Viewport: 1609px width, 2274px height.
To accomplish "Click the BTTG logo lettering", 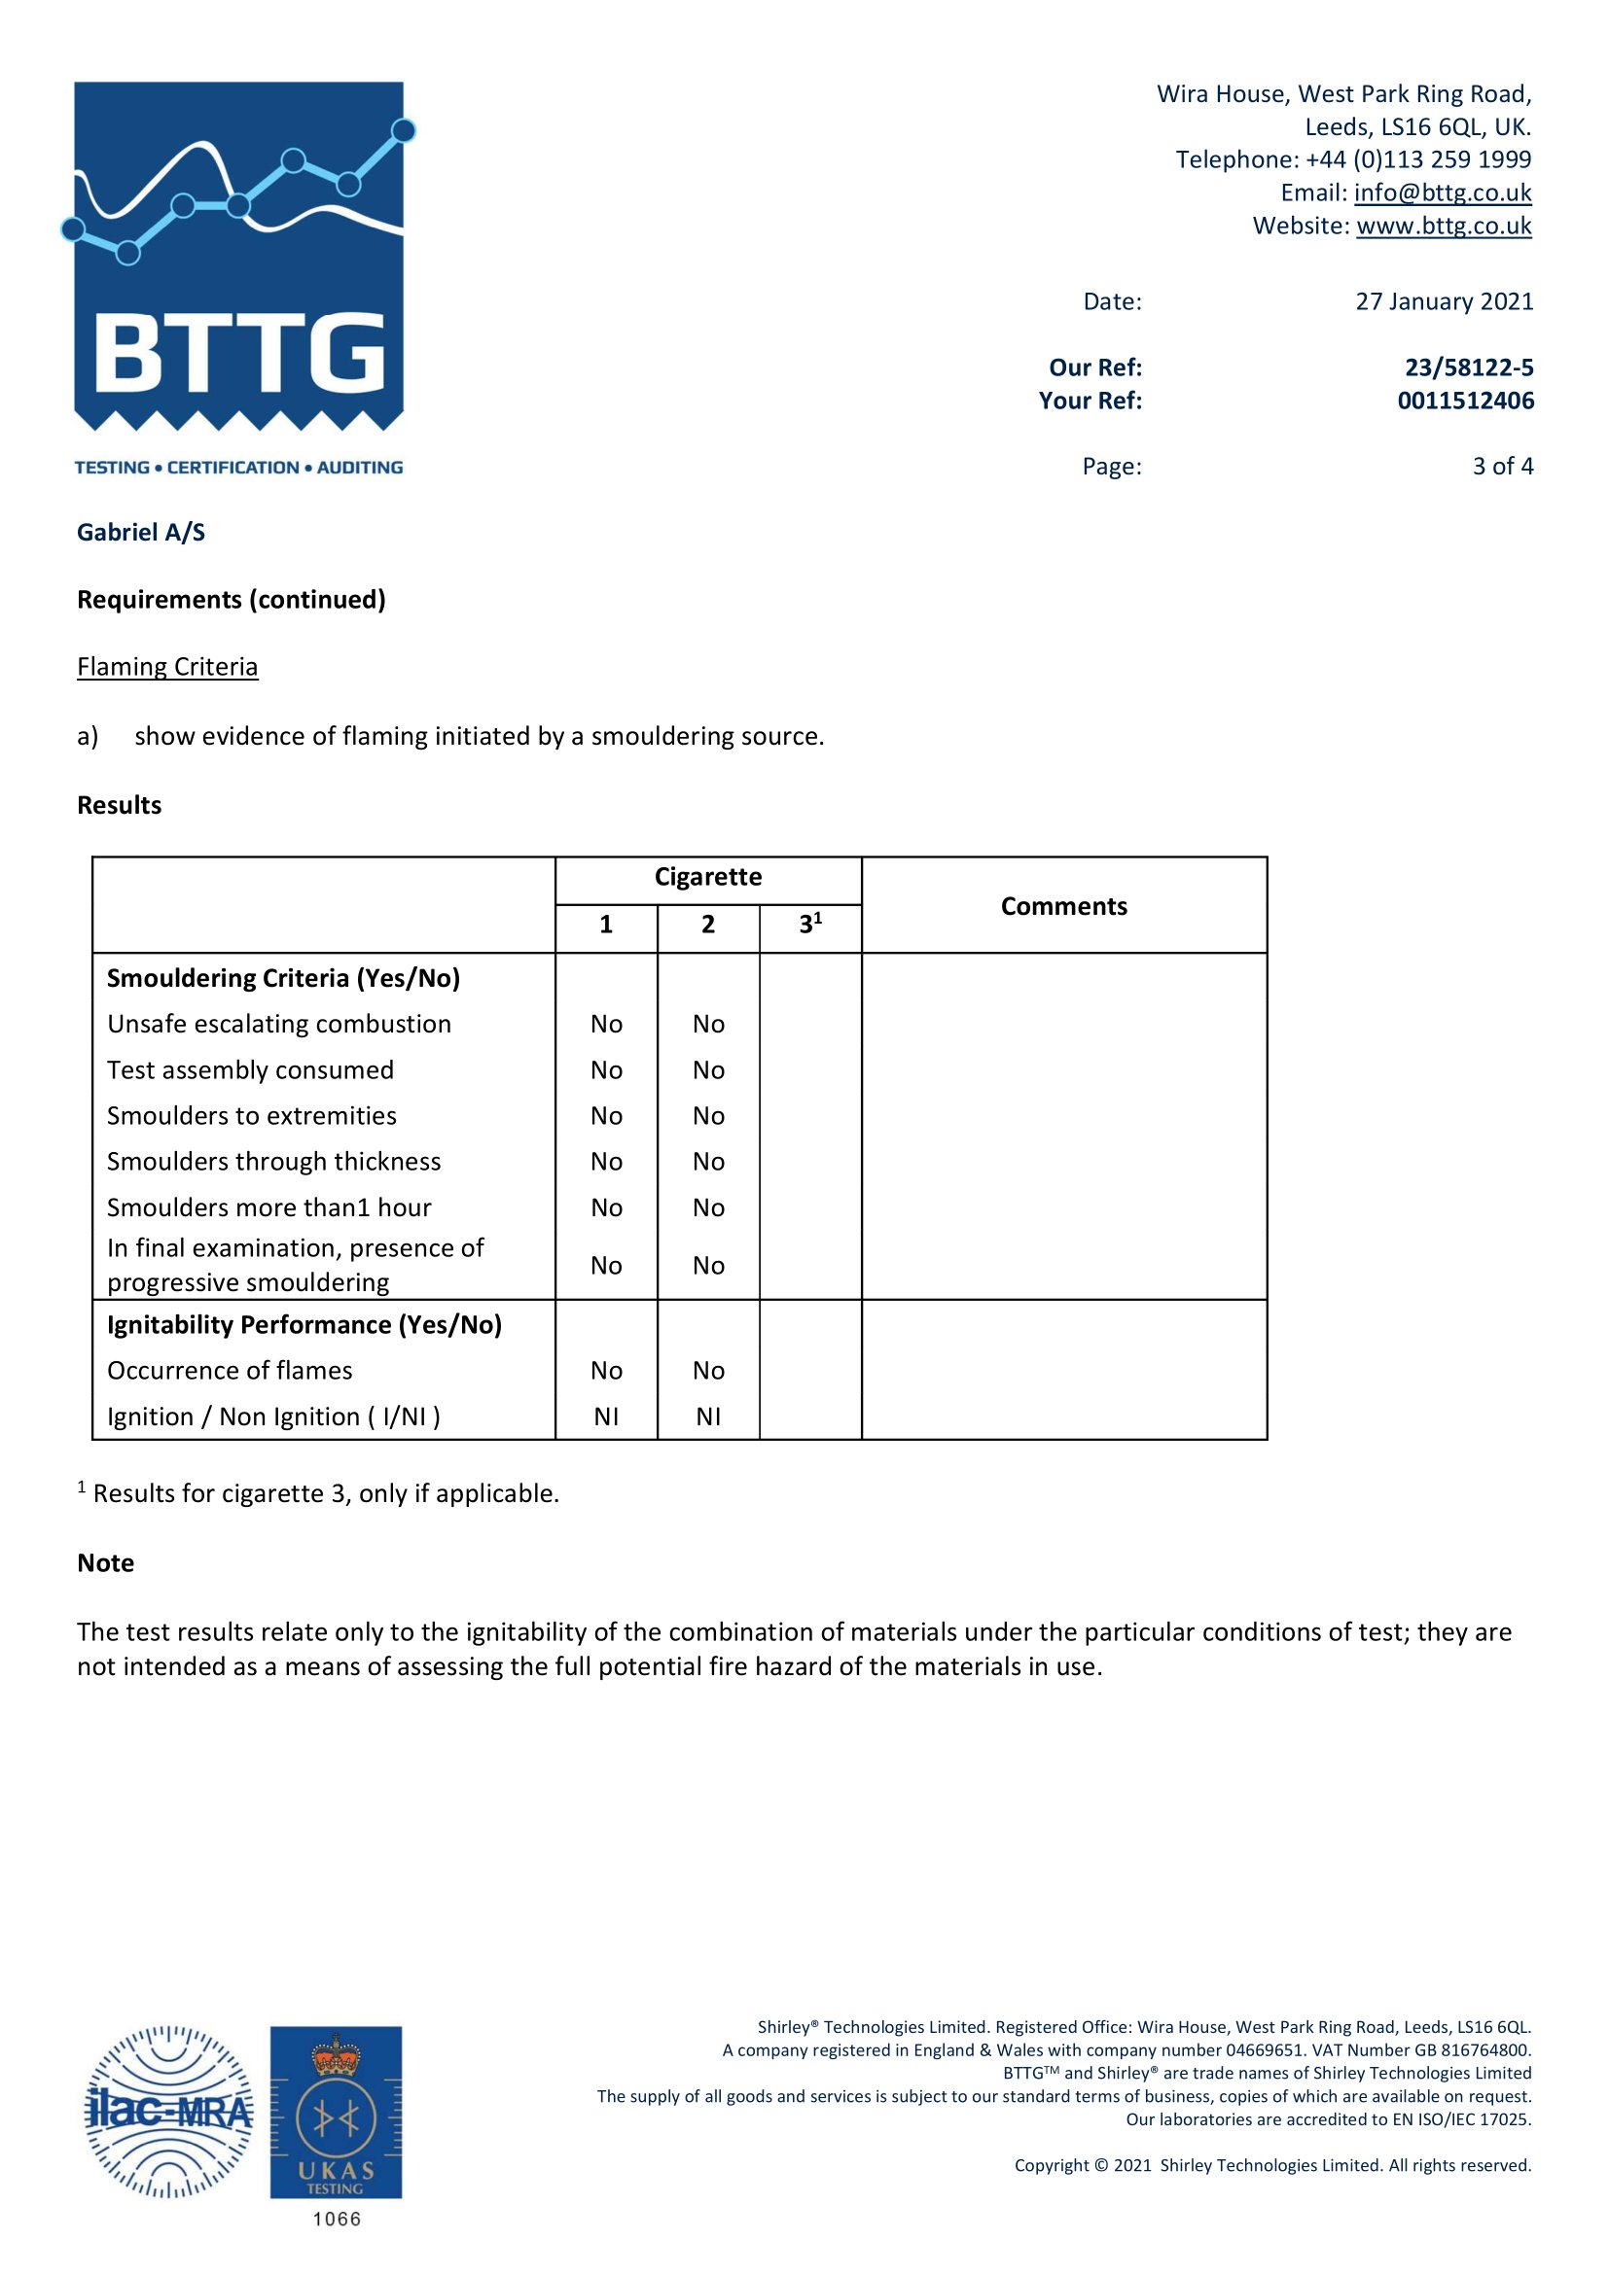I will coord(238,354).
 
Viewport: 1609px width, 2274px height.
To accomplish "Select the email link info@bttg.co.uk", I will coord(1442,192).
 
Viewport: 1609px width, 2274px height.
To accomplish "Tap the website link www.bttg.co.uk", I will coord(1443,226).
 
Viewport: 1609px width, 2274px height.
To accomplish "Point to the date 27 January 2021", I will coord(1444,301).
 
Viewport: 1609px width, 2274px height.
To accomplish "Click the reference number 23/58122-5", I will coord(1468,367).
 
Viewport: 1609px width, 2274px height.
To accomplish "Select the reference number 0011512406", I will coord(1465,402).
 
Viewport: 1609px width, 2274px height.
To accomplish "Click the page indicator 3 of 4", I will coord(1502,466).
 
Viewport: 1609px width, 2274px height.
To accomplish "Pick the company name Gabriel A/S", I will coord(141,533).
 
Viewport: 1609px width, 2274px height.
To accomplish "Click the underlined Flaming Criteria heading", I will coord(167,667).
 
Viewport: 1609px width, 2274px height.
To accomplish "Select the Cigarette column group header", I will coord(707,877).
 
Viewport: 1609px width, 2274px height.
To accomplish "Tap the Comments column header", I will coord(1063,906).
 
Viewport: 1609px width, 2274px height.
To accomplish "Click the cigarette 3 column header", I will coord(809,924).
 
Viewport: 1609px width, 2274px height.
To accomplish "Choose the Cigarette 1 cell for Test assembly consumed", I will coord(606,1069).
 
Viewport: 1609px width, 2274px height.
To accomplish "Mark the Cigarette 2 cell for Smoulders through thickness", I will coord(708,1161).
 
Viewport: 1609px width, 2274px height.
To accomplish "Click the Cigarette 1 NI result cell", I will coord(606,1417).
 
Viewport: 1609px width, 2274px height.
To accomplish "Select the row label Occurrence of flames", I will coord(230,1370).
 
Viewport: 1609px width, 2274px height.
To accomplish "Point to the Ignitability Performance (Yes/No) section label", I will coord(304,1324).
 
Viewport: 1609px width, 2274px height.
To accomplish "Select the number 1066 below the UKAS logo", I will coord(337,2219).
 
